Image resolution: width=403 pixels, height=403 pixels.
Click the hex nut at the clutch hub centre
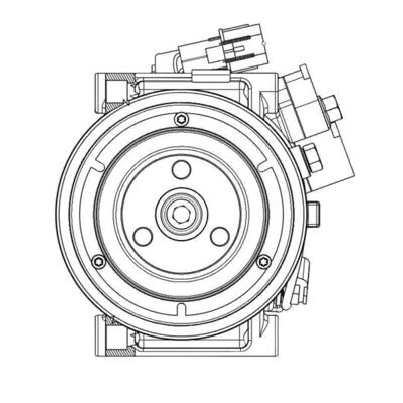181,214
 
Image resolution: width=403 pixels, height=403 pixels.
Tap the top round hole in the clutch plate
181,170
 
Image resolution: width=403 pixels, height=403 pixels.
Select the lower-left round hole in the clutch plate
143,236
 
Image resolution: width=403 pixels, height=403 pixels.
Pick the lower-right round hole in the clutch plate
220,236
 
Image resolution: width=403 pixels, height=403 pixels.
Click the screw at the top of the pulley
181,119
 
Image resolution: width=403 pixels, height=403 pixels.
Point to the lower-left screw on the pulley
99,261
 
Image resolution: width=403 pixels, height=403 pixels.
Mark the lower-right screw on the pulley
263,261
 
